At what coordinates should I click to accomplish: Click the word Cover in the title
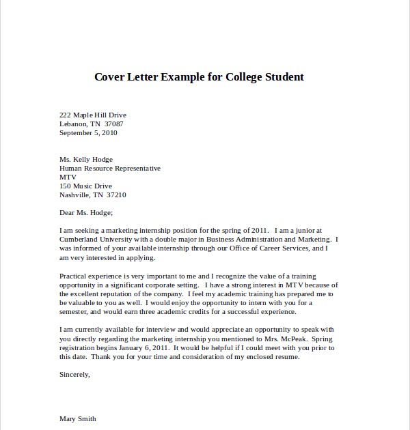111,76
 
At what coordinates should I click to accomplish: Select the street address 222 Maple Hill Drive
93,115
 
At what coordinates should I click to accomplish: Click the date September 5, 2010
88,132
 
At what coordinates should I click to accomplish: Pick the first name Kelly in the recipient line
87,159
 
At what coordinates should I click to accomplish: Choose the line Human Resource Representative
110,168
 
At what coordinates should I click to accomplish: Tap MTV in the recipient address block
67,177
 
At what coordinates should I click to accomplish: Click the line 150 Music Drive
85,186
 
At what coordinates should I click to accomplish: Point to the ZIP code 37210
115,195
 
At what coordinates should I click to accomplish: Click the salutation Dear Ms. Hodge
85,212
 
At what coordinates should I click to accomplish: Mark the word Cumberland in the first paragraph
81,240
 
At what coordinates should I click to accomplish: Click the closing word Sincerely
74,373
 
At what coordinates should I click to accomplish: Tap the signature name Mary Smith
78,418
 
